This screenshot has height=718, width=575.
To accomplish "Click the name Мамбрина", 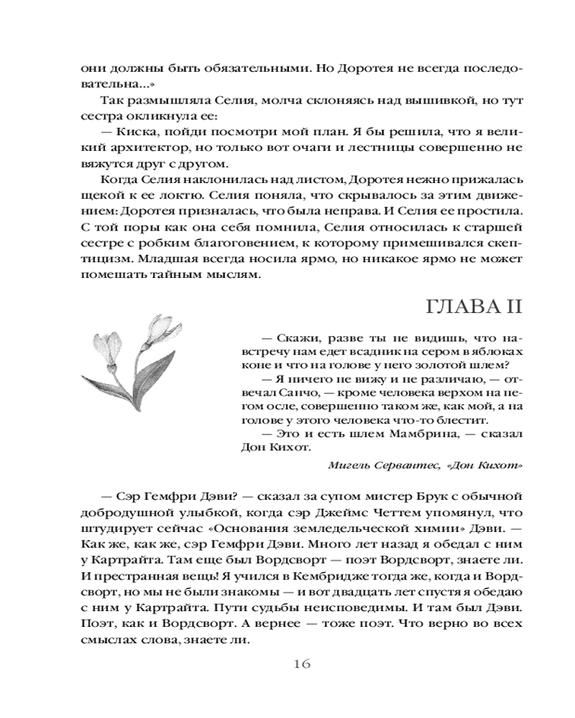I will [405, 434].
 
